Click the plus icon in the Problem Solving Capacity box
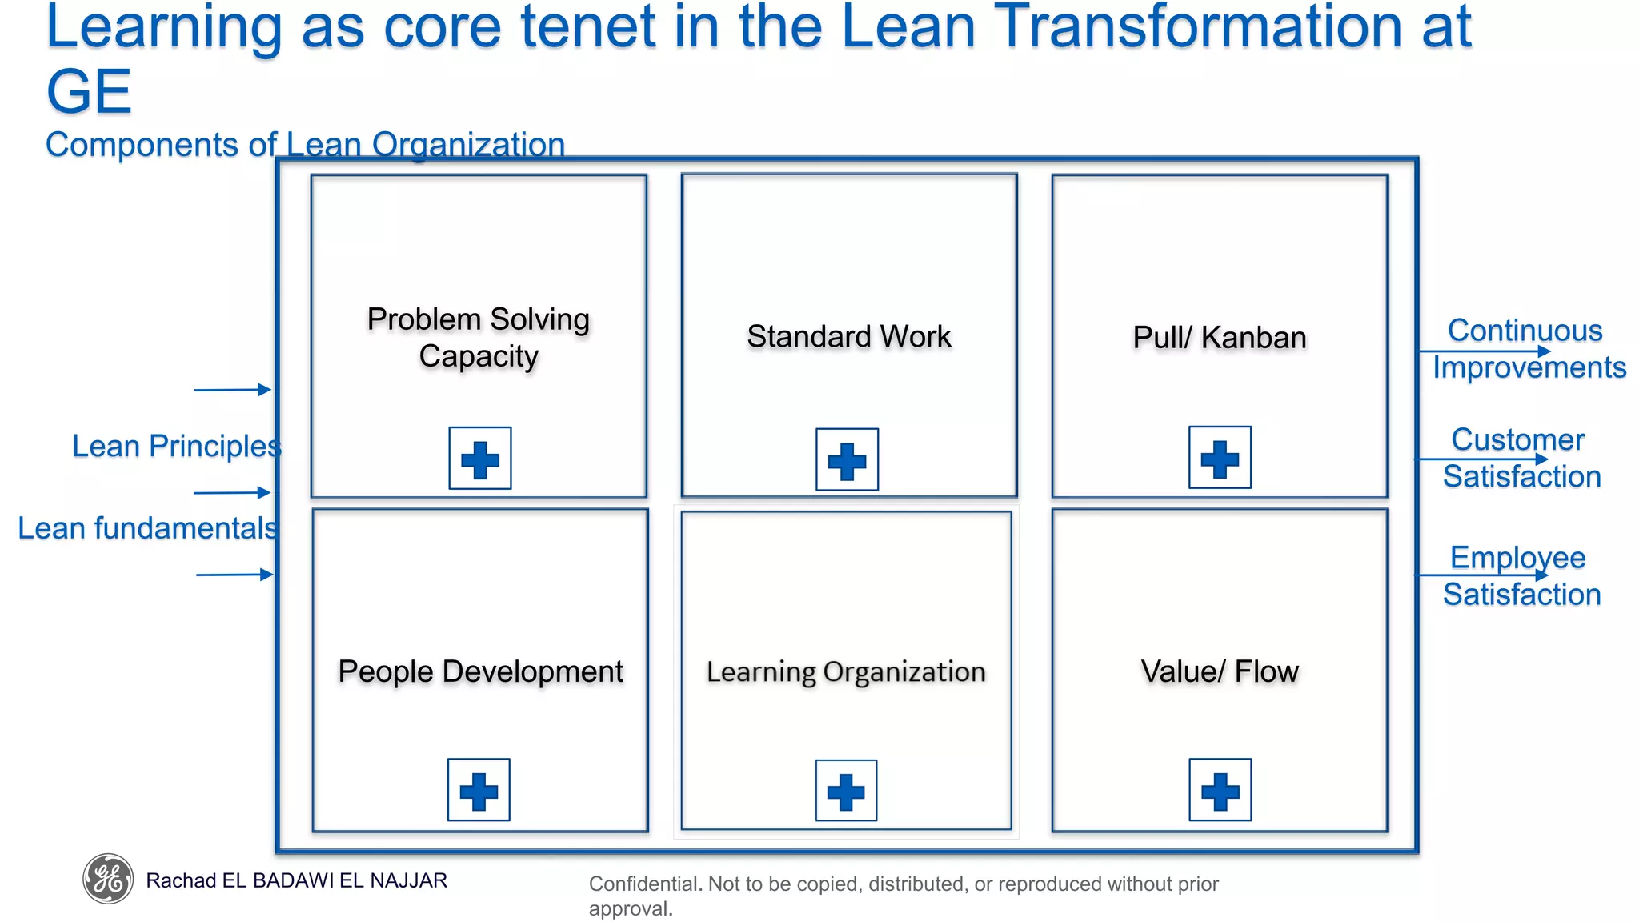tap(479, 459)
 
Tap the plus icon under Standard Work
tap(847, 460)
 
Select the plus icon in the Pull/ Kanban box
tap(1220, 458)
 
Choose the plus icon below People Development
tap(479, 790)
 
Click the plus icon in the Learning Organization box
tap(846, 791)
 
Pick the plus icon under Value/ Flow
tap(1220, 790)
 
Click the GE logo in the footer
tap(108, 879)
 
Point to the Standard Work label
tap(849, 336)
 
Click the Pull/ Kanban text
tap(1219, 338)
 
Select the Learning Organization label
tap(846, 671)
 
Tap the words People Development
tap(480, 671)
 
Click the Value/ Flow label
tap(1220, 671)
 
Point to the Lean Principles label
tap(176, 446)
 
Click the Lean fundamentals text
tap(147, 528)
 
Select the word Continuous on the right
tap(1525, 331)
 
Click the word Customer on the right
tap(1517, 439)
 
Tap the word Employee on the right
tap(1517, 558)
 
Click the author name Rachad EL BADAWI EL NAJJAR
tap(296, 880)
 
